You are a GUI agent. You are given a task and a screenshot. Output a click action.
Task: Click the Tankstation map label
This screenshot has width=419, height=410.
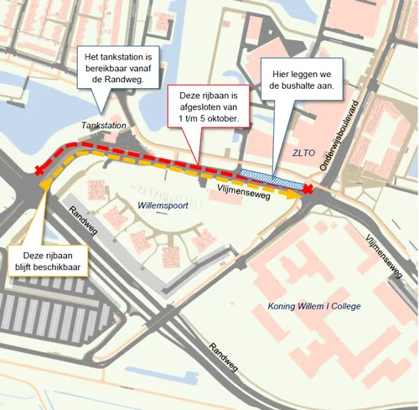tap(105, 125)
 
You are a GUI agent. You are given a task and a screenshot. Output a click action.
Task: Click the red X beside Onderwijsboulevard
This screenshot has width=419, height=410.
tap(308, 191)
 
